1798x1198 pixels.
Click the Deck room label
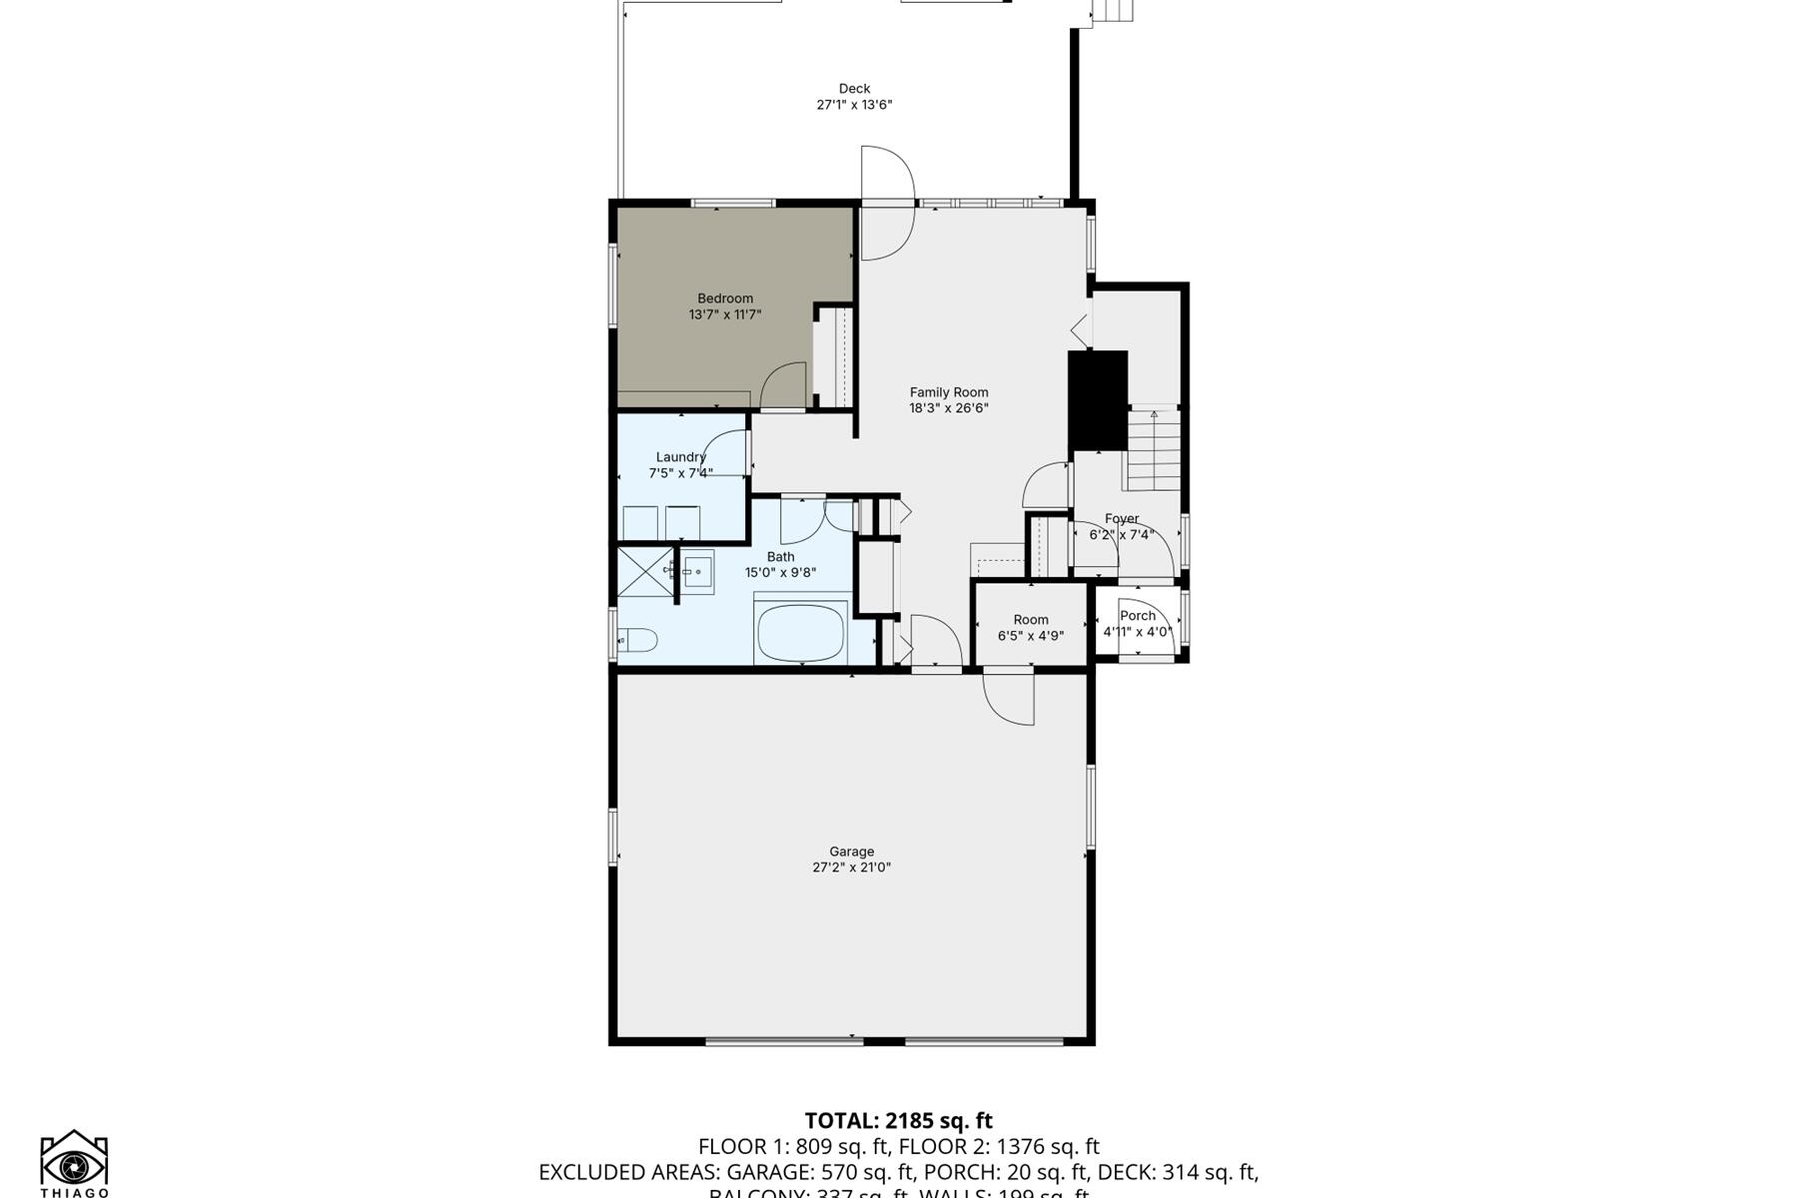(854, 89)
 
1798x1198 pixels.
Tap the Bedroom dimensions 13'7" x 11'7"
(725, 314)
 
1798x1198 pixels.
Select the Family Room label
(948, 392)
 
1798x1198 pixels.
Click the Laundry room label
(680, 457)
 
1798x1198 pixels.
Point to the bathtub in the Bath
(801, 633)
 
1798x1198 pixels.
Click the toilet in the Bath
(637, 639)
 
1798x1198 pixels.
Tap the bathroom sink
(698, 572)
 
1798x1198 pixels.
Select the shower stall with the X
(644, 572)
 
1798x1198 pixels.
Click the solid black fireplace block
(1098, 399)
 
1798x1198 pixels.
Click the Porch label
(1137, 616)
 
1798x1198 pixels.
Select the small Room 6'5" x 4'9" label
(1030, 620)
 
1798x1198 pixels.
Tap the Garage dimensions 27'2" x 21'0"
(851, 868)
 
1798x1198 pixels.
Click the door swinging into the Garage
(1007, 699)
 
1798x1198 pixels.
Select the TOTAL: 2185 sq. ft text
(898, 1121)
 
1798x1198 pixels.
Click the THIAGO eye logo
(74, 1163)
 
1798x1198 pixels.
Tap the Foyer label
(1121, 519)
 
